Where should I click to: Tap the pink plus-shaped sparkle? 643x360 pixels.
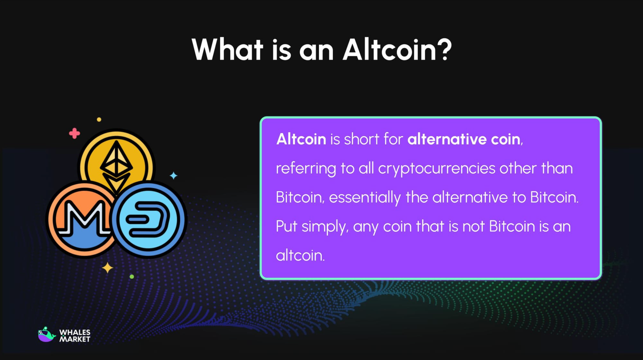75,133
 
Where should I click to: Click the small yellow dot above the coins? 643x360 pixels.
99,119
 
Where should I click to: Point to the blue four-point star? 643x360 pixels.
174,176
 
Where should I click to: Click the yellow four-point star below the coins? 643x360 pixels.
107,268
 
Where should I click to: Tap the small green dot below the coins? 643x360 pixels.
132,277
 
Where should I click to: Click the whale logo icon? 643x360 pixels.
46,335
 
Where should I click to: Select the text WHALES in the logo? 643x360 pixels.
75,332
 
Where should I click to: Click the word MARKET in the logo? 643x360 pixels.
75,339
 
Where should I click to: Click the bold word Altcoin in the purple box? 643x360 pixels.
301,139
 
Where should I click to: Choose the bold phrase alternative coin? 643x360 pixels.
464,139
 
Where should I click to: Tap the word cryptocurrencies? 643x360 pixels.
437,169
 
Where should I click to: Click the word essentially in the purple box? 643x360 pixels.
365,198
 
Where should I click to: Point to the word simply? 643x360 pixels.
325,227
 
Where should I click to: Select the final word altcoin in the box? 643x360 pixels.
300,256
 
